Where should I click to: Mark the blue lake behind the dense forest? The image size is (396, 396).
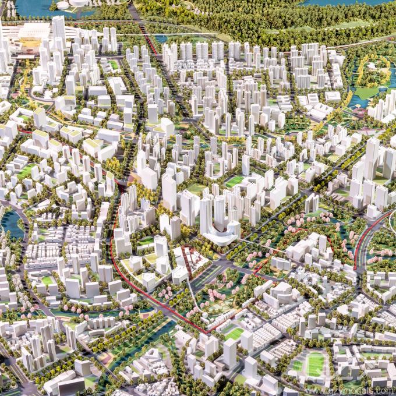[344, 2]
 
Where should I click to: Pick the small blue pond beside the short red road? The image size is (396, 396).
[160, 39]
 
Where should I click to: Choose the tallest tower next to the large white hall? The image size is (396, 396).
[59, 29]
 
